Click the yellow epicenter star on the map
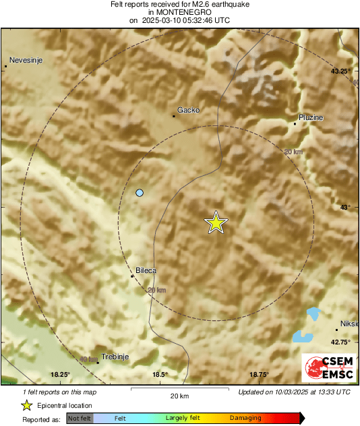pyautogui.click(x=216, y=222)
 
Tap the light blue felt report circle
pyautogui.click(x=140, y=193)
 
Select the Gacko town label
pyautogui.click(x=188, y=110)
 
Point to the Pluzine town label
pyautogui.click(x=311, y=117)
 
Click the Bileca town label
pyautogui.click(x=146, y=270)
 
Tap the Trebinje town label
pyautogui.click(x=114, y=357)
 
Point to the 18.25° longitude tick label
pyautogui.click(x=60, y=375)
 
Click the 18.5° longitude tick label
pyautogui.click(x=159, y=375)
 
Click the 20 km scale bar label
pyautogui.click(x=179, y=396)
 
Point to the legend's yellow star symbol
pyautogui.click(x=27, y=405)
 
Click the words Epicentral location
pyautogui.click(x=65, y=406)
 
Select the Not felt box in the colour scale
pyautogui.click(x=80, y=419)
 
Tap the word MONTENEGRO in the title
pyautogui.click(x=179, y=12)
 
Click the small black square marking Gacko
pyautogui.click(x=174, y=116)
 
